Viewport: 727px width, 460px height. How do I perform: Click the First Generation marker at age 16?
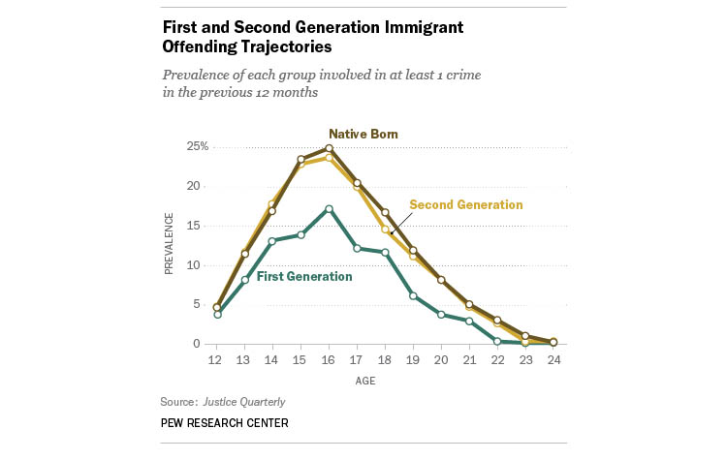pyautogui.click(x=330, y=209)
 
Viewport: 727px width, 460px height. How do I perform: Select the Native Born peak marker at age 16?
pyautogui.click(x=330, y=148)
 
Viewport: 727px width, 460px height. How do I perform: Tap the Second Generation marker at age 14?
pyautogui.click(x=273, y=204)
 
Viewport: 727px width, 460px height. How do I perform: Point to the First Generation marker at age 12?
pyautogui.click(x=218, y=314)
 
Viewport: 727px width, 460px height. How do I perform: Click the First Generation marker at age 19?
pyautogui.click(x=413, y=294)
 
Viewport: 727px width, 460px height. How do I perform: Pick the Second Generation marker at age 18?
pyautogui.click(x=385, y=230)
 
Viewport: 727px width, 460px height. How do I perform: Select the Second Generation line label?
pyautogui.click(x=465, y=204)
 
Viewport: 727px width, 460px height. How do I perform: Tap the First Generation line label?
pyautogui.click(x=303, y=276)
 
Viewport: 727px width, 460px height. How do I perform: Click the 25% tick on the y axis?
pyautogui.click(x=198, y=146)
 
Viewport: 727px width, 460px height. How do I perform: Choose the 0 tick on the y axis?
pyautogui.click(x=197, y=344)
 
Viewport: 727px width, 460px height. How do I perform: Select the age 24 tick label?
pyautogui.click(x=553, y=359)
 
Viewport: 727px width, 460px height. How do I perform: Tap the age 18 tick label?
pyautogui.click(x=385, y=359)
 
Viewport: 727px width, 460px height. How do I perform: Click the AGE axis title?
pyautogui.click(x=386, y=380)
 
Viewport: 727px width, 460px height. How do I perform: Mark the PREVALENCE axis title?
pyautogui.click(x=170, y=245)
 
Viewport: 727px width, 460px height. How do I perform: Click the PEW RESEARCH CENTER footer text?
pyautogui.click(x=225, y=423)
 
